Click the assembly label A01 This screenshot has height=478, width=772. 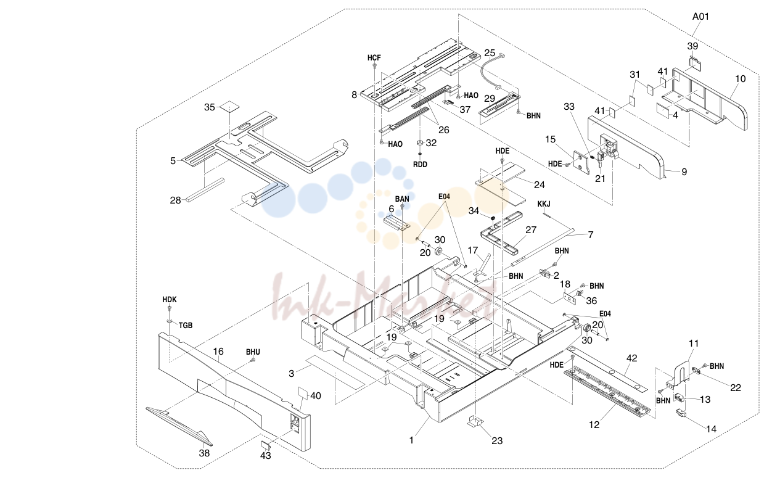[700, 17]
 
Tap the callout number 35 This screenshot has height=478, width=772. [210, 107]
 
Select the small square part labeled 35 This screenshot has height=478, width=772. [229, 107]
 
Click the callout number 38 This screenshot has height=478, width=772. [204, 453]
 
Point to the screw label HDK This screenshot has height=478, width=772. [170, 300]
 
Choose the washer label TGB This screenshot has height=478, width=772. [186, 325]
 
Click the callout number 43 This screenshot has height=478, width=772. [265, 455]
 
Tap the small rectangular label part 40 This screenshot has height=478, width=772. [303, 393]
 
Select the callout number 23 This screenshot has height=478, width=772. [497, 440]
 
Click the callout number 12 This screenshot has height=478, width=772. [594, 424]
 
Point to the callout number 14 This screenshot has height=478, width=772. [712, 429]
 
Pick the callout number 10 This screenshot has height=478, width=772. [741, 79]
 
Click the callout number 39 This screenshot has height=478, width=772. [692, 46]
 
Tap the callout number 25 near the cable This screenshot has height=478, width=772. [490, 53]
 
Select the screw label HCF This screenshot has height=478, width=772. [374, 58]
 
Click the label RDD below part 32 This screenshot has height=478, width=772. [420, 165]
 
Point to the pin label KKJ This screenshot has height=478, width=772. [544, 204]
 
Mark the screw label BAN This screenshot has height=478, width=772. [402, 199]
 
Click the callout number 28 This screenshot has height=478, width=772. [175, 200]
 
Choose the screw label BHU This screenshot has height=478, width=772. [253, 352]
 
